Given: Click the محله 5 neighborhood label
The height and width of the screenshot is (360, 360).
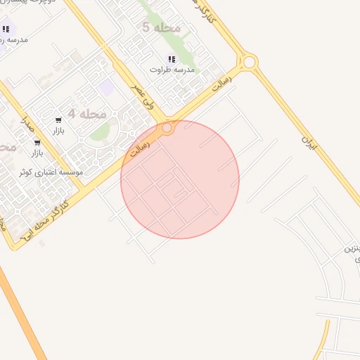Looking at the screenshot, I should (161, 27).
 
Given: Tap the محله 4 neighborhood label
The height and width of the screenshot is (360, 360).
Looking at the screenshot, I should (87, 114).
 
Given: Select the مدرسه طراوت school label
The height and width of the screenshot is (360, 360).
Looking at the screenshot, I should (172, 70).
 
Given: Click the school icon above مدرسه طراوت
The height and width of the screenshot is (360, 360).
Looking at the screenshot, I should (172, 59).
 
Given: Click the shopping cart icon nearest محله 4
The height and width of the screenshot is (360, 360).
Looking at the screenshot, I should (58, 120).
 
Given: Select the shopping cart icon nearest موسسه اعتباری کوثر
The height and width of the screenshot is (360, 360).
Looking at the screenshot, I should (37, 142).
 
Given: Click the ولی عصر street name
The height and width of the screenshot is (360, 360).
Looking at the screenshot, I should (147, 95).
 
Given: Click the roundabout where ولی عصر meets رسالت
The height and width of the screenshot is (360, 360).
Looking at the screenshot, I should (167, 129).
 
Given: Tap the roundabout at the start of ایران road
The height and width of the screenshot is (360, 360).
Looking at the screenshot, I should (249, 61).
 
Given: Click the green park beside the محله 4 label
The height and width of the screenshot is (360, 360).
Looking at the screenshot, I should (100, 131).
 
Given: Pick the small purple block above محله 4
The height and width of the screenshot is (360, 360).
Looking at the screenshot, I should (106, 87).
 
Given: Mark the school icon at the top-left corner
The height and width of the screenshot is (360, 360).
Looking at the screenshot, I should (6, 29).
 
